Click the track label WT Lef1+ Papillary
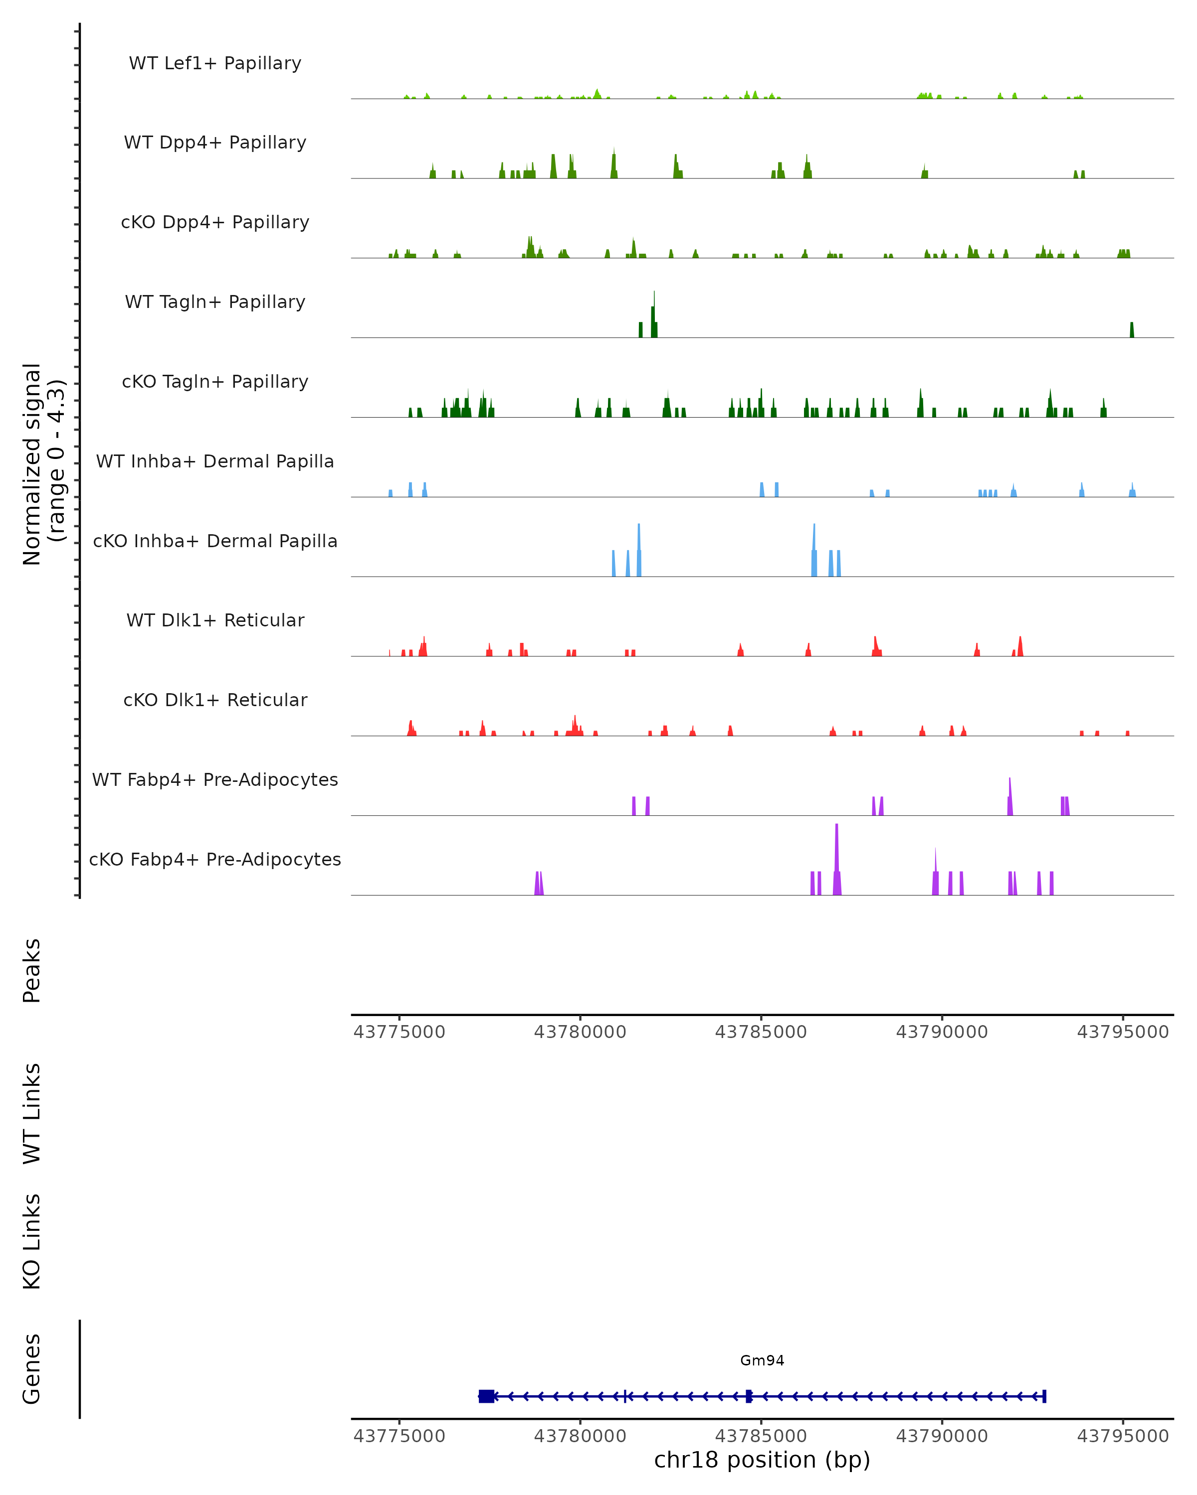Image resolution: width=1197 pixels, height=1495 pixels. (x=215, y=63)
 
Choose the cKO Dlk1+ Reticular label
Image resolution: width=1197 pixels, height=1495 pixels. (x=215, y=700)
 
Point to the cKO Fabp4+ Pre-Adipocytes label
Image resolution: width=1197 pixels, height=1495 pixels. (x=215, y=859)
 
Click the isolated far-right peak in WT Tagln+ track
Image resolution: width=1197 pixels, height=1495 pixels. (x=1132, y=330)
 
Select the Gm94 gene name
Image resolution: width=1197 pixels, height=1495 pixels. (x=762, y=1360)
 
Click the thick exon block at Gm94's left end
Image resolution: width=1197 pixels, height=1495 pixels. (x=486, y=1396)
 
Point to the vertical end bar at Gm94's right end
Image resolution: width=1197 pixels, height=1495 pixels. (x=1044, y=1396)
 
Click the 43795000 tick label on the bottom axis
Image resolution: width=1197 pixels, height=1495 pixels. (x=1123, y=1436)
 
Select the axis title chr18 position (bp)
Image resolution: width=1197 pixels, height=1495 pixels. (x=762, y=1460)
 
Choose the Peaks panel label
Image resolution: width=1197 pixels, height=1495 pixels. (x=32, y=970)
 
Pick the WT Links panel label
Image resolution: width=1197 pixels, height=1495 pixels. (x=32, y=1113)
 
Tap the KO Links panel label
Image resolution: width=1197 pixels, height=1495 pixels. (x=32, y=1241)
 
